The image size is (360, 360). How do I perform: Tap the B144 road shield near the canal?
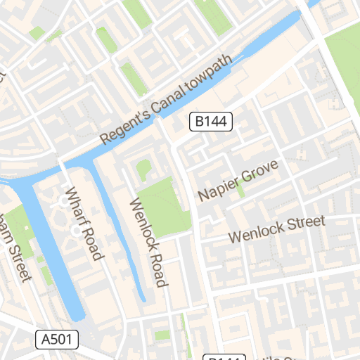tap(212, 122)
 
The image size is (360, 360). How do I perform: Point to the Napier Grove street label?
tap(238, 181)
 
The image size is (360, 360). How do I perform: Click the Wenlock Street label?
tap(276, 229)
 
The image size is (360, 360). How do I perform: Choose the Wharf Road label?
tap(84, 224)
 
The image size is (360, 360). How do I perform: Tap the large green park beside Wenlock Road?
tap(164, 205)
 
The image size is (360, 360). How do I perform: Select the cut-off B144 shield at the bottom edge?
tap(224, 357)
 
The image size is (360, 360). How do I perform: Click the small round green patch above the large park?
tap(143, 169)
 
